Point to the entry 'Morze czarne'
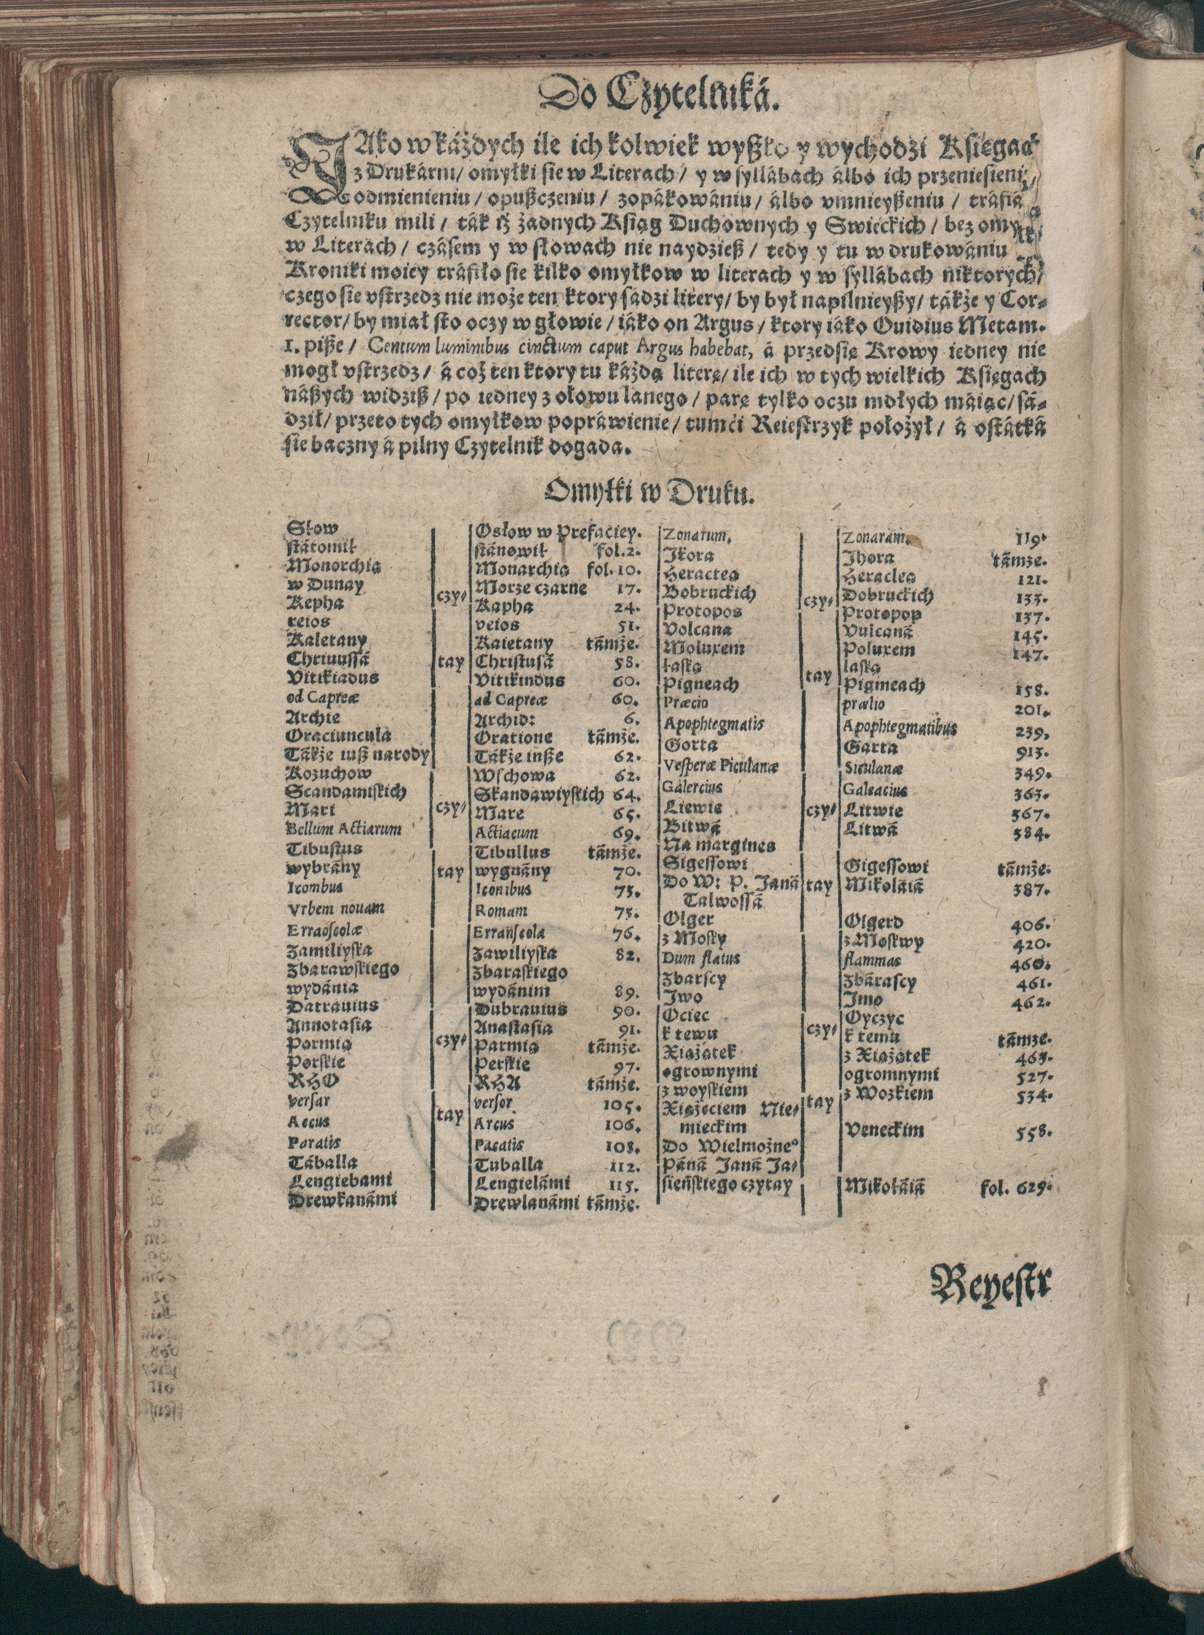pyautogui.click(x=530, y=587)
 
